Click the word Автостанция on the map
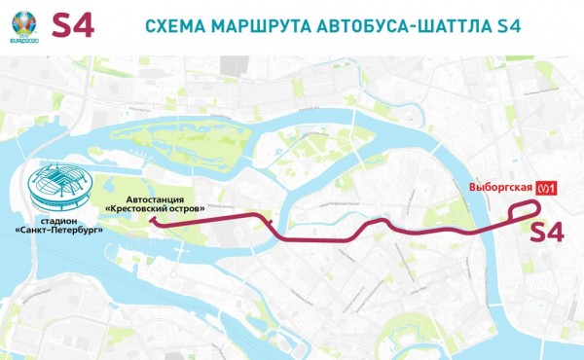pyautogui.click(x=154, y=198)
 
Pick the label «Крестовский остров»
pyautogui.click(x=154, y=208)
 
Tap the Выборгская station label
pyautogui.click(x=497, y=188)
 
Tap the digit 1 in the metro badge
pyautogui.click(x=551, y=189)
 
